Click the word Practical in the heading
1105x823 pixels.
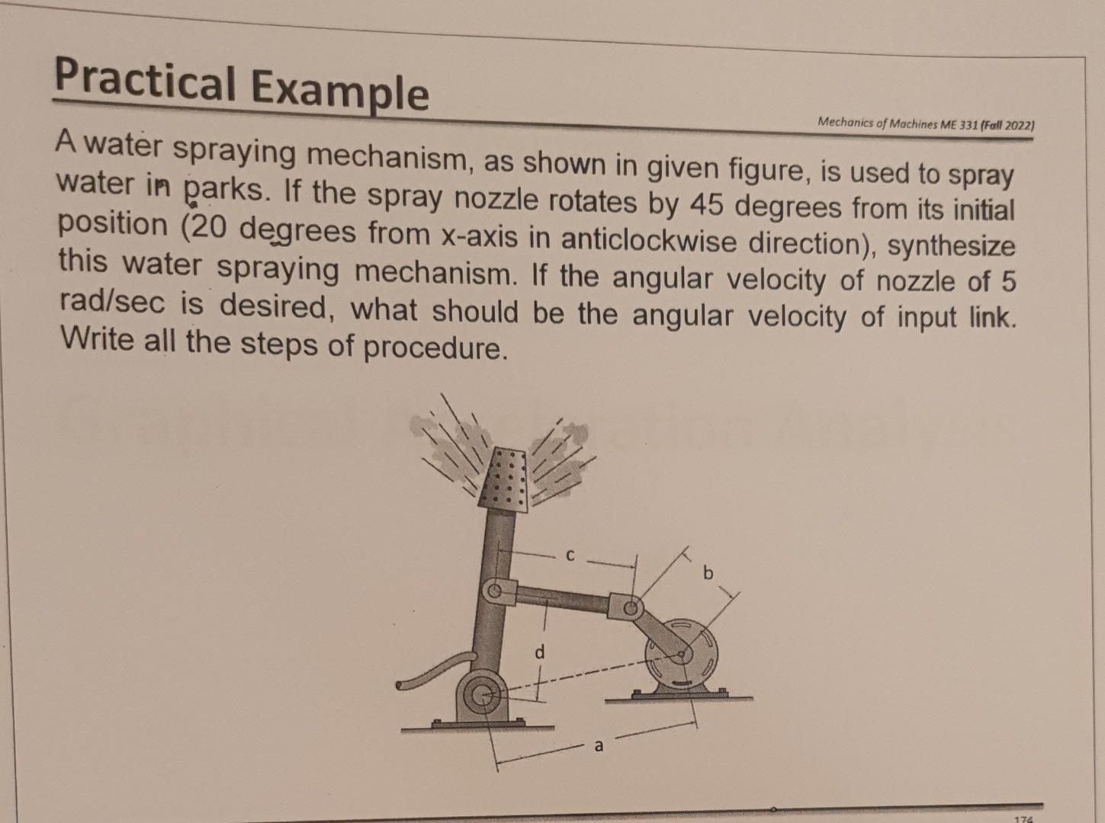tap(144, 81)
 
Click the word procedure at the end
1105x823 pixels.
tap(432, 347)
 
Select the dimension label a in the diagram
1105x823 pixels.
tap(599, 746)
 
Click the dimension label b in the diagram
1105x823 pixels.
tap(708, 572)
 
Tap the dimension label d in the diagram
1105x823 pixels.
tap(540, 652)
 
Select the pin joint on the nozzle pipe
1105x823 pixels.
tap(495, 591)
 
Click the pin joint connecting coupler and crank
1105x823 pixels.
tap(630, 607)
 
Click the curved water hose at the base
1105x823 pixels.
tap(431, 673)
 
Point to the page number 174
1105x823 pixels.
tap(1023, 818)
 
